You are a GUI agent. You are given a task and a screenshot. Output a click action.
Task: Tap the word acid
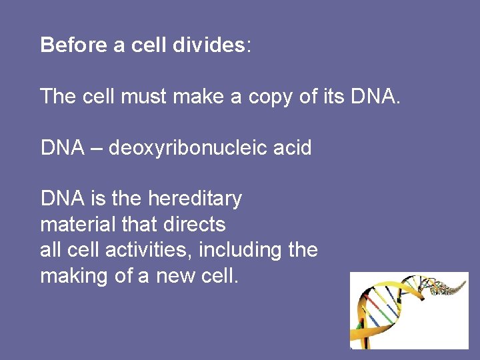pyautogui.click(x=293, y=147)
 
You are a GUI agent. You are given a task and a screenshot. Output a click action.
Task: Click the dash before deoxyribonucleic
pyautogui.click(x=93, y=148)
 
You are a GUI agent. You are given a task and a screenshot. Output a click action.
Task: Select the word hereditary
pyautogui.click(x=195, y=199)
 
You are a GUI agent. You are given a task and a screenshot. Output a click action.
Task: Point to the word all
pyautogui.click(x=50, y=250)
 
